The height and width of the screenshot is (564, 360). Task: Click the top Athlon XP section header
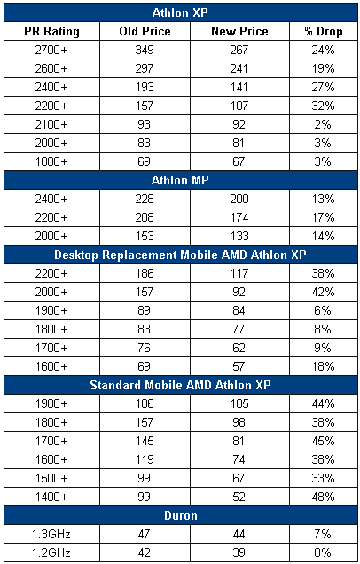pos(180,12)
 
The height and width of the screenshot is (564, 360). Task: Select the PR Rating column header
pos(51,31)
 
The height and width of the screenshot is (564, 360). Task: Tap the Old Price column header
pos(145,31)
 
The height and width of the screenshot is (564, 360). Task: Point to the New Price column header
pos(239,31)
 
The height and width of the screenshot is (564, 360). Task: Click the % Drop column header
pos(323,31)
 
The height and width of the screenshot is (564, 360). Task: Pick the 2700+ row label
pos(51,50)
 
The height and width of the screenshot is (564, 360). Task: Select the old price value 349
pos(145,50)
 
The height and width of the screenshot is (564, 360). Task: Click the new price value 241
pos(239,68)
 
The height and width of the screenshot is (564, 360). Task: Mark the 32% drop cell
pos(323,106)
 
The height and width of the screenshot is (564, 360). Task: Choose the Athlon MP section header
pos(180,180)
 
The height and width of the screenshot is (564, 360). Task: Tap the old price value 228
pos(145,199)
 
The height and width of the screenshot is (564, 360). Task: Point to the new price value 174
pos(239,217)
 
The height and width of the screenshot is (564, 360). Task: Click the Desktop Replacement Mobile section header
pos(180,255)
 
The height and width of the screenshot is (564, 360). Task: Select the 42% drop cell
pos(323,292)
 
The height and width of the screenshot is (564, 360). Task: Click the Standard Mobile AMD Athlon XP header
pos(180,385)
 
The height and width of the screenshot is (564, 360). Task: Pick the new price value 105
pos(239,404)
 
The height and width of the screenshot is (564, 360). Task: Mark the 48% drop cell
pos(323,497)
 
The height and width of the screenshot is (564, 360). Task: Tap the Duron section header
pos(180,515)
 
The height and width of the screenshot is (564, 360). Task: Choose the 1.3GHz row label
pos(51,534)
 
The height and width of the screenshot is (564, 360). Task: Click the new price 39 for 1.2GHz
pos(239,552)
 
